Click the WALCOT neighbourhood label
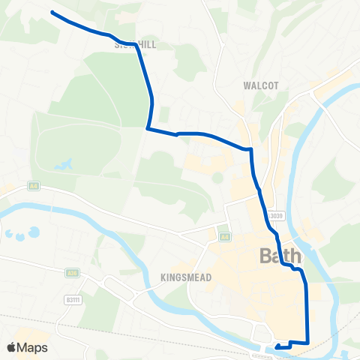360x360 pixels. [260, 85]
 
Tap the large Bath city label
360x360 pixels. [280, 256]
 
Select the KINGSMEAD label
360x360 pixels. [185, 277]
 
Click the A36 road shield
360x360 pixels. [72, 273]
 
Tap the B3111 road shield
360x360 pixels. [73, 301]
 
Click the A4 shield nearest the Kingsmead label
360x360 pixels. [224, 237]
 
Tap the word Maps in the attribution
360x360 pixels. [33, 347]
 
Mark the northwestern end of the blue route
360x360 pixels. [52, 12]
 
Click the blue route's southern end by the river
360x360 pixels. [277, 346]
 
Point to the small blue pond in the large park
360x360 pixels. [64, 163]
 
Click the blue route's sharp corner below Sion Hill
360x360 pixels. [148, 129]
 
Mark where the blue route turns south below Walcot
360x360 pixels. [250, 149]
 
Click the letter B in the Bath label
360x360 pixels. [265, 256]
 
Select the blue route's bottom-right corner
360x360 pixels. [307, 343]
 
